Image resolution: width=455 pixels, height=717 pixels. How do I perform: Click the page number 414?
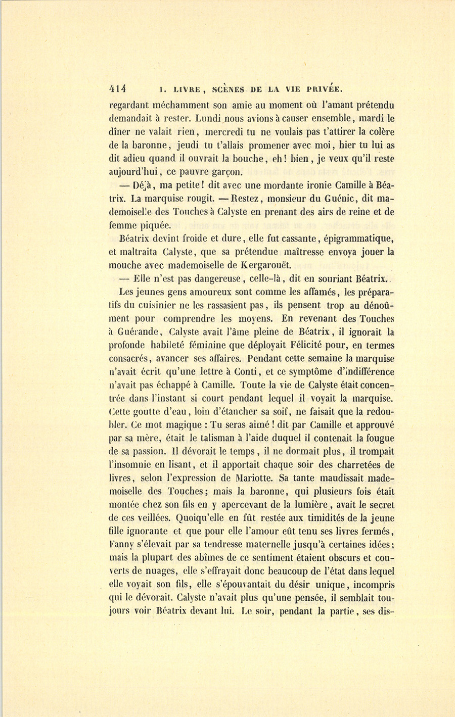pos(120,89)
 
